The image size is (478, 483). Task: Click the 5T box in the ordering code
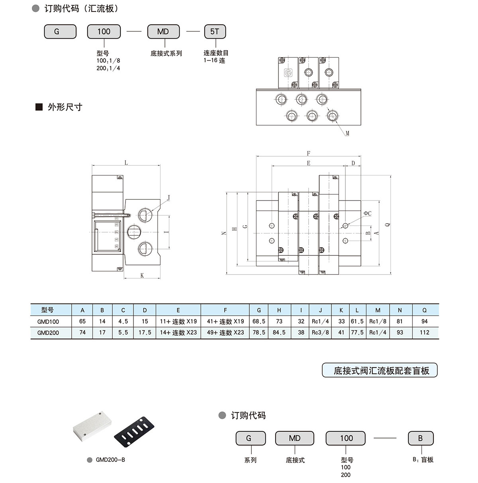tap(215, 32)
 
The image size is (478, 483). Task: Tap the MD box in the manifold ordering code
tap(163, 32)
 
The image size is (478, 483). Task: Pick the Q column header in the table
tap(424, 310)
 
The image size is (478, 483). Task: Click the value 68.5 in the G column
tap(259, 321)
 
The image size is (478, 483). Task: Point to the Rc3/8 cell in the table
tap(320, 333)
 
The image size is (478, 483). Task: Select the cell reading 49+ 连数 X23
tap(225, 333)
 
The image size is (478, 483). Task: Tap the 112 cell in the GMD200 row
tap(424, 333)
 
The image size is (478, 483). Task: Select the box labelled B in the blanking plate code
tap(420, 438)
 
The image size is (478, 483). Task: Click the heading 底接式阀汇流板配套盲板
tap(381, 371)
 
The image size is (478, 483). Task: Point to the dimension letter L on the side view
tap(126, 162)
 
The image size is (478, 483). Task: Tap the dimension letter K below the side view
tap(142, 275)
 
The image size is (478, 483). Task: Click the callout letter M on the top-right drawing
tap(347, 134)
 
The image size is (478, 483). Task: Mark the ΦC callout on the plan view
tap(367, 214)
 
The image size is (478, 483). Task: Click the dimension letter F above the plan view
tap(309, 154)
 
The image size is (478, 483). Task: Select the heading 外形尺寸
tap(65, 107)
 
